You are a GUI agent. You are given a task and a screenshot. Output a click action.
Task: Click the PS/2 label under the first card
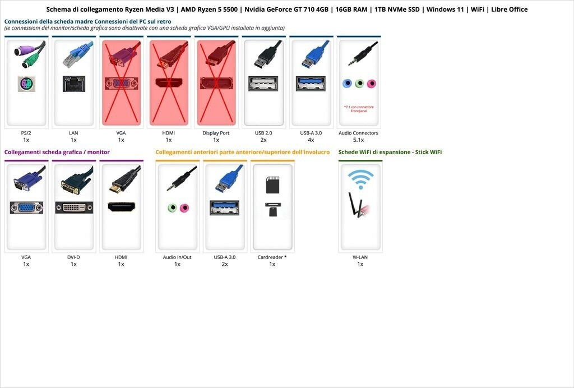(x=26, y=133)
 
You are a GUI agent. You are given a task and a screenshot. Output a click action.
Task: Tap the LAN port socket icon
(x=73, y=84)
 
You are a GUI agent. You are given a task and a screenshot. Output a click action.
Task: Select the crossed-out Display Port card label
(x=216, y=133)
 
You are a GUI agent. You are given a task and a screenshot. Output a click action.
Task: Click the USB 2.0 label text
(x=263, y=133)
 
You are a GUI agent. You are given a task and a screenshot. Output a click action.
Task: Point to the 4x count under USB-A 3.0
(x=311, y=140)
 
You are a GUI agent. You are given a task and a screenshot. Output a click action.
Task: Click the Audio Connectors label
(x=358, y=133)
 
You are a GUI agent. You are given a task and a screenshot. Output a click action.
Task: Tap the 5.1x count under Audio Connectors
(x=358, y=140)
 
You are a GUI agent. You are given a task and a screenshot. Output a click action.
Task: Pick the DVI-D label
(x=73, y=257)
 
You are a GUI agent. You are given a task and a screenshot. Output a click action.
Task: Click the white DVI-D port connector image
(x=74, y=207)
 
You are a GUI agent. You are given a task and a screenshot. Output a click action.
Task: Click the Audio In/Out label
(x=177, y=257)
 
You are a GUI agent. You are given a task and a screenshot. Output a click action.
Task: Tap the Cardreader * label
(x=272, y=257)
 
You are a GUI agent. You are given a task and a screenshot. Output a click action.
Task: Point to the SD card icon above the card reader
(x=272, y=184)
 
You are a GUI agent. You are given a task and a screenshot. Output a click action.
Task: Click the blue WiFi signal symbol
(x=360, y=178)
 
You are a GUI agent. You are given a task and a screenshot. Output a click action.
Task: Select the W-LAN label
(x=360, y=257)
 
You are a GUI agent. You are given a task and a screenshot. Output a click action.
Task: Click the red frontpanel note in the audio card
(x=358, y=109)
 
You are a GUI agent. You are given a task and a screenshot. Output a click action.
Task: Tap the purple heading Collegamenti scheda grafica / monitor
(x=57, y=152)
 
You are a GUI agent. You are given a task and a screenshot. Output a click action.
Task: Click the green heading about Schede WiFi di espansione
(x=390, y=152)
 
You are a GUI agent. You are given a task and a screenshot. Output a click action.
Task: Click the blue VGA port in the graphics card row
(x=26, y=207)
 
